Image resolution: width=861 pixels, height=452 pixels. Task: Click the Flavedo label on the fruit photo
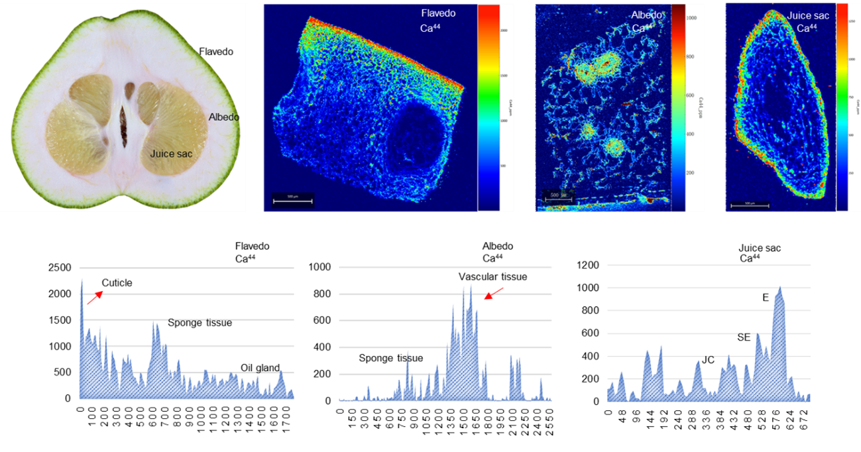point(216,51)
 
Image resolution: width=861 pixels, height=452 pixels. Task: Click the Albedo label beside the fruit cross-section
point(223,117)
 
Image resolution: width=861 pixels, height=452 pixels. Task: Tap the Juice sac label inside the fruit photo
point(170,154)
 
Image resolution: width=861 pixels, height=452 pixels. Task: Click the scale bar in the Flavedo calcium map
point(292,200)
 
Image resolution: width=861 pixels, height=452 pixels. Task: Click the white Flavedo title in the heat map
point(437,13)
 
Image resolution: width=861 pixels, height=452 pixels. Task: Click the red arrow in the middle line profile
point(493,294)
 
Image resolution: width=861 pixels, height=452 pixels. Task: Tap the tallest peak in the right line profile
point(781,287)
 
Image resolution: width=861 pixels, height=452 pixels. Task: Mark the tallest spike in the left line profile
point(82,279)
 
